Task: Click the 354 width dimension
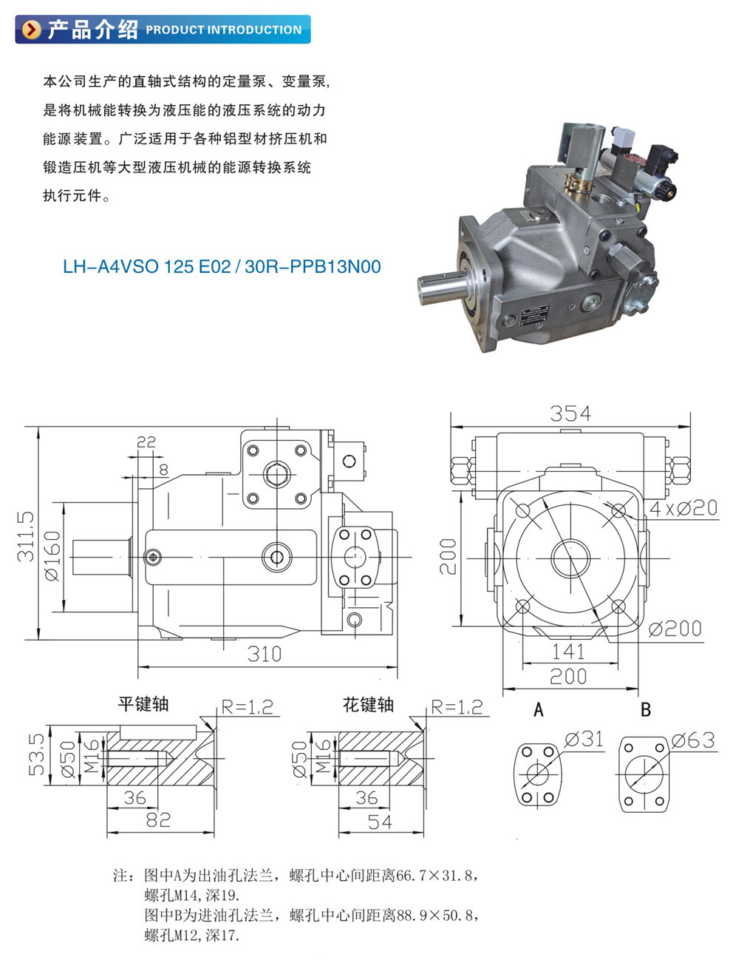(x=570, y=413)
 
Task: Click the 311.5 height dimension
(x=25, y=537)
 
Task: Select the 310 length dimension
(x=264, y=654)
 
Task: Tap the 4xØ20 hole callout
(x=683, y=508)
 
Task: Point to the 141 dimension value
(x=568, y=652)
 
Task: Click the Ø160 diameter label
(x=52, y=555)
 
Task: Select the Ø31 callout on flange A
(x=584, y=740)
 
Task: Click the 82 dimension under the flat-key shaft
(x=158, y=819)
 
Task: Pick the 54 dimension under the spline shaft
(x=379, y=822)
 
